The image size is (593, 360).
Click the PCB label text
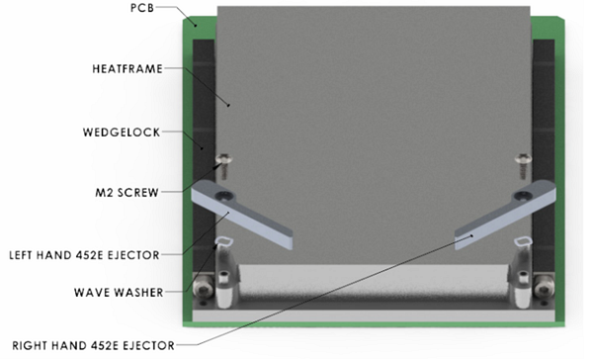coord(145,8)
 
